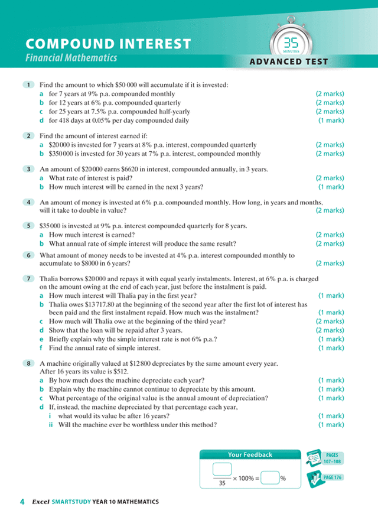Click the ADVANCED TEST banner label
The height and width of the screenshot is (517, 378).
click(288, 62)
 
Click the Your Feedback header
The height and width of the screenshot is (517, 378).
click(250, 454)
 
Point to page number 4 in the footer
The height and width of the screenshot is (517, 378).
click(22, 502)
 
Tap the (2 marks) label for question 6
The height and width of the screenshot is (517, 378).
click(330, 263)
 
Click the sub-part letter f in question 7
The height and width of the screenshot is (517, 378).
click(41, 348)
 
